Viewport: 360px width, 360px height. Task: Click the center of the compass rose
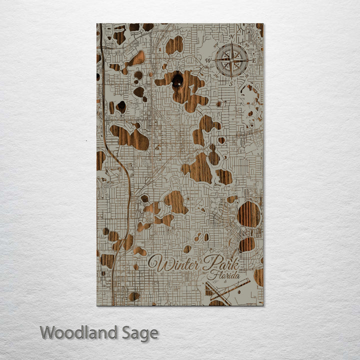click(231, 60)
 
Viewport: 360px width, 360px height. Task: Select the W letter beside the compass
click(208, 61)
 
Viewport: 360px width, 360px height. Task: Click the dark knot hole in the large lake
click(177, 79)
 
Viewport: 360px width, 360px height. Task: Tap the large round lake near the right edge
click(248, 214)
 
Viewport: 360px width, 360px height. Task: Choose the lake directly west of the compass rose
click(174, 45)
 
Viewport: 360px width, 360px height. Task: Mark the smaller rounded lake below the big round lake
click(246, 244)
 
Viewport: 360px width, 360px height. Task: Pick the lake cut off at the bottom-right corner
click(258, 276)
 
